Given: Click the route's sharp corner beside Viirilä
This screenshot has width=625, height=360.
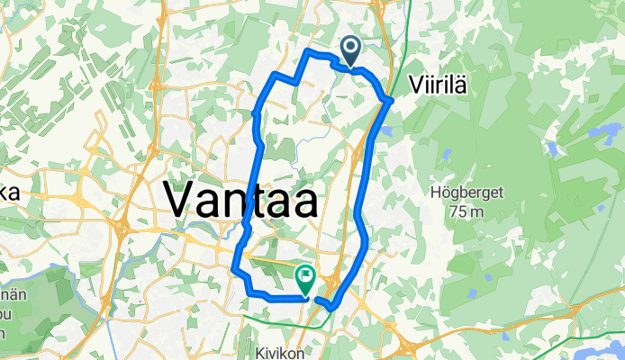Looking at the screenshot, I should (x=390, y=99).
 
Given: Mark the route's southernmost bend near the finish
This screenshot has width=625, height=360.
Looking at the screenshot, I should (x=332, y=308).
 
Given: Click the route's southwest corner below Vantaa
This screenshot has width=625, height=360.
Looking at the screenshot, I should (x=234, y=268).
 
